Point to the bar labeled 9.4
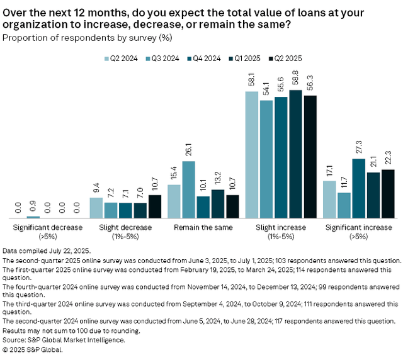(96, 207)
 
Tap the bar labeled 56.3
(310, 155)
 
